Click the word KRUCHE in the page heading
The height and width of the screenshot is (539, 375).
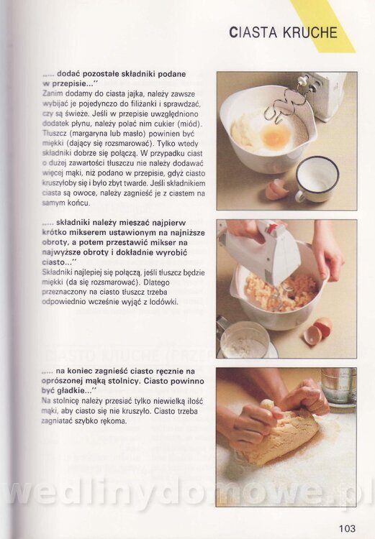(x=310, y=32)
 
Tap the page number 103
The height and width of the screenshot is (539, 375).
(x=347, y=528)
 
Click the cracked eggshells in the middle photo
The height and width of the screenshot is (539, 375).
(x=318, y=331)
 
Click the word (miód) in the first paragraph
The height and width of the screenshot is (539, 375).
(x=191, y=124)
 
